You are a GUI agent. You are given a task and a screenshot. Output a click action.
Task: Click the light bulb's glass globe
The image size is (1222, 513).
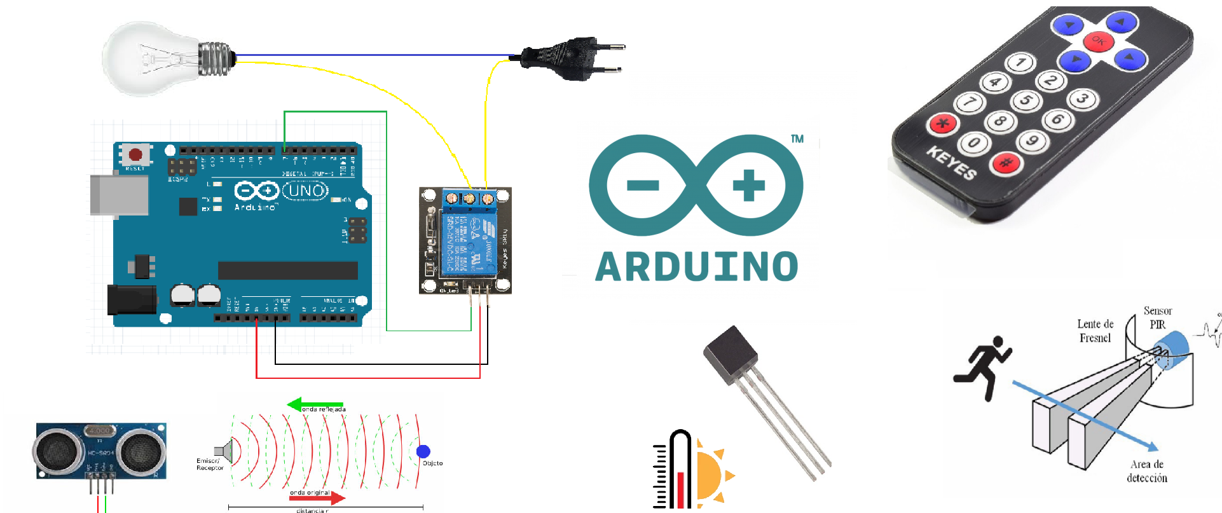pos(149,58)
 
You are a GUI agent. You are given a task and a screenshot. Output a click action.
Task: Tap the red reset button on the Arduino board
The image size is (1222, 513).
pos(135,154)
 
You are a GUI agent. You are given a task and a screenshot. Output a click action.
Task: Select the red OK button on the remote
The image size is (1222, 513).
pos(1098,41)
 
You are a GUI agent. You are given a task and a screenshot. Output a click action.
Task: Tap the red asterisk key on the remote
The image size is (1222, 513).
pos(944,123)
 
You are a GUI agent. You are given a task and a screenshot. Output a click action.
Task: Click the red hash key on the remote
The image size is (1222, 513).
pos(1006,163)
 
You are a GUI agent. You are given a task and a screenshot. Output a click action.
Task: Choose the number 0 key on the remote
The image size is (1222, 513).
pos(973,143)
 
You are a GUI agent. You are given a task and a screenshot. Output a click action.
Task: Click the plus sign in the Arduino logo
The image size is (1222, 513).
pos(748,185)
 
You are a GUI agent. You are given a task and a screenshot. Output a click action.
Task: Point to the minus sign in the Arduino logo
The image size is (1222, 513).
pos(643,185)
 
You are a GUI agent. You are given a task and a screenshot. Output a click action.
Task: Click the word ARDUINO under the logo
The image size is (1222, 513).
pos(697,267)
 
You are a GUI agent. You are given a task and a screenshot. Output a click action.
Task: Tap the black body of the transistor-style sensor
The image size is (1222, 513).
pos(731,356)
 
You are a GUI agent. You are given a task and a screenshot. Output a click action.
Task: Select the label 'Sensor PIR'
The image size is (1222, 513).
pos(1157,317)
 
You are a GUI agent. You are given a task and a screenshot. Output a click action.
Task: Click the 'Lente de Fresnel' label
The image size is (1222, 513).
pos(1095,331)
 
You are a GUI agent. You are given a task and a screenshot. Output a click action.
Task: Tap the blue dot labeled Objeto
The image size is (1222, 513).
pos(423,451)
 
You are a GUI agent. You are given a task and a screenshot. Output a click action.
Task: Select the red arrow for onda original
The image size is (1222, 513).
pos(318,497)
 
